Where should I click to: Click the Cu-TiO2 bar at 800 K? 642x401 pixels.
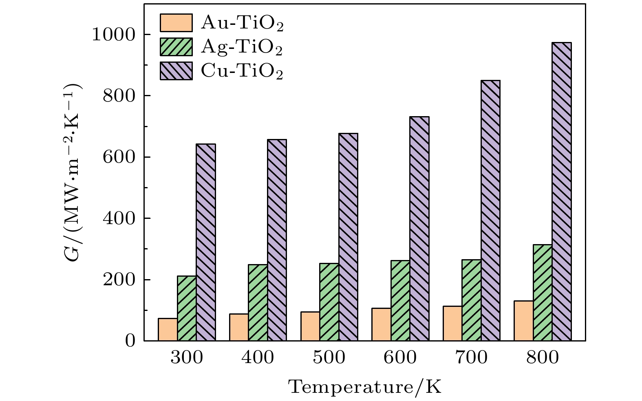click(561, 192)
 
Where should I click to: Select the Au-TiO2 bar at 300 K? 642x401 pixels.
click(168, 329)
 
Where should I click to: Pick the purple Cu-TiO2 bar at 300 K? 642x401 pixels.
click(206, 242)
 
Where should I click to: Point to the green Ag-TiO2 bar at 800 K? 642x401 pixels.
click(543, 293)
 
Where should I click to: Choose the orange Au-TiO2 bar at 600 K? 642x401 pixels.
click(381, 324)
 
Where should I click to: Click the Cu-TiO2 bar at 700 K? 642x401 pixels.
click(490, 210)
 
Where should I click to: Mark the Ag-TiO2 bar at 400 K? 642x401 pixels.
click(258, 302)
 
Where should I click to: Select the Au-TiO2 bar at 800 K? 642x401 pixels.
click(523, 321)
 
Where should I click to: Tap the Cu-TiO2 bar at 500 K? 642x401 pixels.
click(348, 237)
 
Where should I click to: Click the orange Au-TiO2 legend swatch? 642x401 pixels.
click(176, 23)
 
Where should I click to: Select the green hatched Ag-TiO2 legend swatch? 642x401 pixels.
click(176, 47)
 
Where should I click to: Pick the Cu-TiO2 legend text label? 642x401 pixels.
click(242, 71)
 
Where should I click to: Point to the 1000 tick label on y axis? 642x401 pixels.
click(113, 35)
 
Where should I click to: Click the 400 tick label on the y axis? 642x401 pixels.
click(118, 218)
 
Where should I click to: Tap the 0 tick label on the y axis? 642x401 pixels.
click(130, 341)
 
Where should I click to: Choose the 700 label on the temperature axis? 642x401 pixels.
click(471, 358)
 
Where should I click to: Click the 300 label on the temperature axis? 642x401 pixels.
click(187, 358)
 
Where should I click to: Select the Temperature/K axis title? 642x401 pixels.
click(365, 387)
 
